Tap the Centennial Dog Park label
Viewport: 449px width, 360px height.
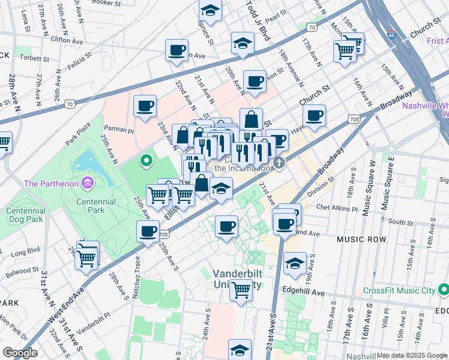25,215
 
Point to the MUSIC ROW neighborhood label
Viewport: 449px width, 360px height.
361,239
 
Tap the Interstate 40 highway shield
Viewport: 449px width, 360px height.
391,35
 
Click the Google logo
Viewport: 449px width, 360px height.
20,353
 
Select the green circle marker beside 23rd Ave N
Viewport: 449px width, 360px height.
145,160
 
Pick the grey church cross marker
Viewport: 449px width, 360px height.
279,163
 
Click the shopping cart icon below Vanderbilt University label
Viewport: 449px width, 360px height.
241,290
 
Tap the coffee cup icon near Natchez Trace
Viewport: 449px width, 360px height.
148,231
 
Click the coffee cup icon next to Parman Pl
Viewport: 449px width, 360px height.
145,106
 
